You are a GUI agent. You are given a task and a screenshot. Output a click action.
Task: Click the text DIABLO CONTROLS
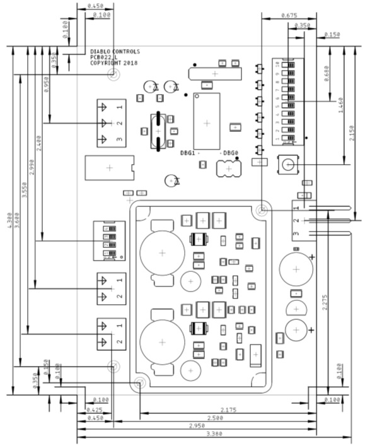(x=115, y=52)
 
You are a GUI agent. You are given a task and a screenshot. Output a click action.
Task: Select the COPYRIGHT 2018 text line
(x=113, y=63)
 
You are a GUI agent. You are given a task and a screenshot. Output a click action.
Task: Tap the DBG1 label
(x=188, y=153)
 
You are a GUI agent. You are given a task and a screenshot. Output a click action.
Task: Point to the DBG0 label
(x=231, y=153)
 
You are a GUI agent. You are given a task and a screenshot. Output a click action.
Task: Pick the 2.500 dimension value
(x=215, y=418)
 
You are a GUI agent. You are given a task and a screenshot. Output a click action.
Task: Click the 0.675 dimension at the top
(x=288, y=15)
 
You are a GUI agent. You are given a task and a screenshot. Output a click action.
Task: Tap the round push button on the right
(x=289, y=165)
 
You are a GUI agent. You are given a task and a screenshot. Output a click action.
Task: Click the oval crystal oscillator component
(x=157, y=131)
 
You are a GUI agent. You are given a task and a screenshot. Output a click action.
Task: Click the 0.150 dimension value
(x=332, y=34)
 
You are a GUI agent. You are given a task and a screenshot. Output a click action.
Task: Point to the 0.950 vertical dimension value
(x=47, y=85)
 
